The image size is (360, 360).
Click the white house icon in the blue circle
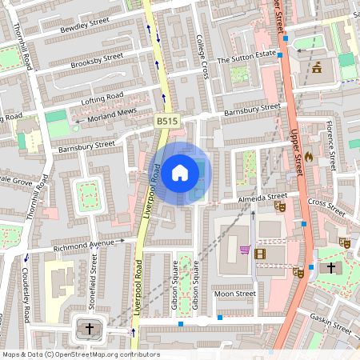(180, 172)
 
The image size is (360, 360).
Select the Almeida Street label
(261, 196)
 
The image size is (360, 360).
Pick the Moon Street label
(234, 294)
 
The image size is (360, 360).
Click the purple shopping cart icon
(244, 250)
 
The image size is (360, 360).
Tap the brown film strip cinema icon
(259, 254)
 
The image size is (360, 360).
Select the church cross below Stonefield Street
(90, 328)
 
